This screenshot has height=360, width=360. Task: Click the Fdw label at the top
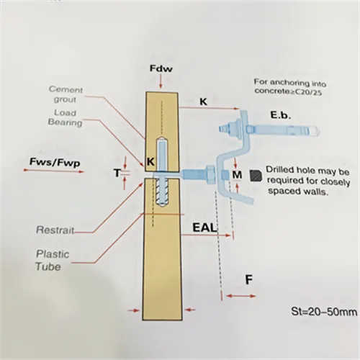(x=161, y=68)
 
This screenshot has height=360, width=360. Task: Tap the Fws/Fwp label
(x=55, y=162)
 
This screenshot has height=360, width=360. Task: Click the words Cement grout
(x=66, y=94)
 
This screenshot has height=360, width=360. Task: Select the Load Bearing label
(x=65, y=117)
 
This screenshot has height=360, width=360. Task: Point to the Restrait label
(x=55, y=230)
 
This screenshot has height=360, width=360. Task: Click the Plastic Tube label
(x=53, y=261)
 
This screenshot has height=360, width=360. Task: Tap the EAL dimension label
(x=204, y=228)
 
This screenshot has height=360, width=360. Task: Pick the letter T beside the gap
(x=117, y=173)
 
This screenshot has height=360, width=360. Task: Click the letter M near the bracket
(x=237, y=175)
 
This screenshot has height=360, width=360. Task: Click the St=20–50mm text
(x=324, y=312)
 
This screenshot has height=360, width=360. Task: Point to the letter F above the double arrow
(x=249, y=280)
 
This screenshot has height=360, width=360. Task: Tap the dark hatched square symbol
(x=256, y=176)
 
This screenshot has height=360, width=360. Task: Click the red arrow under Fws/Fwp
(x=54, y=171)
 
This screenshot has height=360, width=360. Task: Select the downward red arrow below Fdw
(x=161, y=81)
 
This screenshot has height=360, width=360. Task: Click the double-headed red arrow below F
(x=240, y=296)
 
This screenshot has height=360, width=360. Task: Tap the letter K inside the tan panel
(x=150, y=162)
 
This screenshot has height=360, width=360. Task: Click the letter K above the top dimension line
(x=203, y=102)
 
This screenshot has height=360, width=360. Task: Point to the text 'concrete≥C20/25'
(x=288, y=91)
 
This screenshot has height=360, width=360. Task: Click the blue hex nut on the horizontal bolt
(x=210, y=175)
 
